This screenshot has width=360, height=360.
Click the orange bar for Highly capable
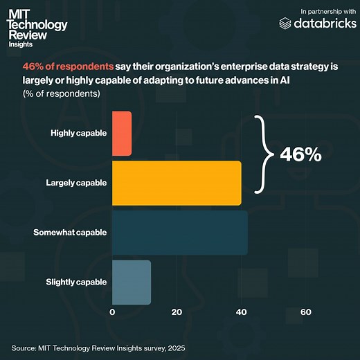pos(121,133)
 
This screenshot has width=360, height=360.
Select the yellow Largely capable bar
pos(177,183)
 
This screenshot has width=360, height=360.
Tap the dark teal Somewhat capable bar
pos(179,232)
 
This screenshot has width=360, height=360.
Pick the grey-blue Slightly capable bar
pos(131,282)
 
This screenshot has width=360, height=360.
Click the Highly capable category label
pos(78,133)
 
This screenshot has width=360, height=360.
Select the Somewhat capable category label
pos(70,232)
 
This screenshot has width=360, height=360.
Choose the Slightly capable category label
pos(76,282)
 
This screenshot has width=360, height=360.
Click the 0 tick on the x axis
pos(112,312)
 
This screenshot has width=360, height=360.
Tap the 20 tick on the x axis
pos(177,312)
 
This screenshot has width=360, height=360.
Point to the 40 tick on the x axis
pos(241,312)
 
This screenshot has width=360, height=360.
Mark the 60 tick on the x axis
pos(305,312)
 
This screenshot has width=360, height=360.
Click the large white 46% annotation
pos(300,155)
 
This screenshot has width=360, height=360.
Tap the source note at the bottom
pos(98,347)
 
